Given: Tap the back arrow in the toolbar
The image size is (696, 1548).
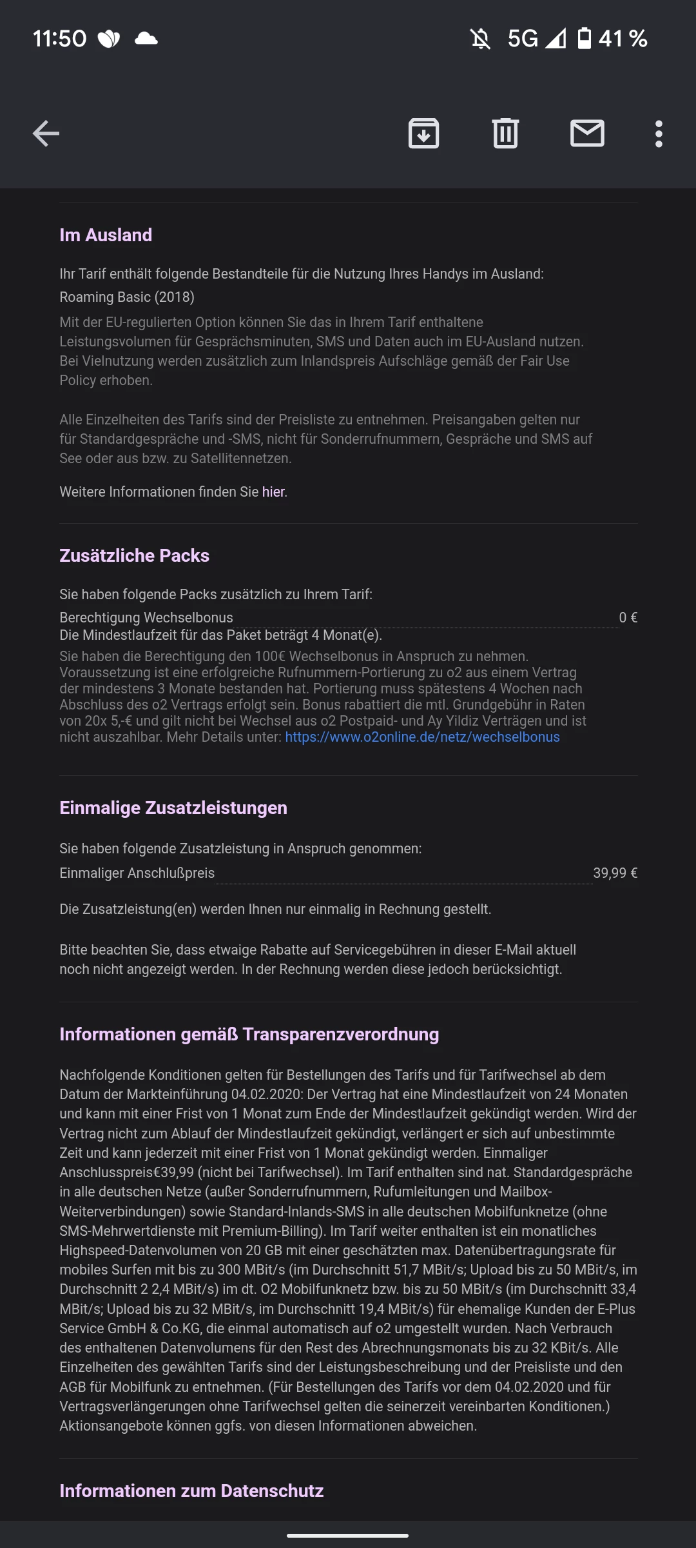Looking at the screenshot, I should tap(46, 134).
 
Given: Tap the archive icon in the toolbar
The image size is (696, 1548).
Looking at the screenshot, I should tap(423, 134).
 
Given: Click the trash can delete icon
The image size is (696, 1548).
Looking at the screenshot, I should tap(505, 134).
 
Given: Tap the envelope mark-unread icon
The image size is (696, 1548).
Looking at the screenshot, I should tap(587, 134).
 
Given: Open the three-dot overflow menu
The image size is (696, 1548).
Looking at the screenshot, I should tap(659, 134).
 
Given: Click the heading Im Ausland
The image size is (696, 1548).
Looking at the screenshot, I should tap(106, 235).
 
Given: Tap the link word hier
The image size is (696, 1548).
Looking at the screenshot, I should tap(273, 491).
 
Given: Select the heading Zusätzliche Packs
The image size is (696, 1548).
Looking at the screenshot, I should tap(134, 555).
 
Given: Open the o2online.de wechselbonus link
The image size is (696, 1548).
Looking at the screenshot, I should tap(422, 737).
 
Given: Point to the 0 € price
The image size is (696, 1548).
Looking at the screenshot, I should tap(628, 617).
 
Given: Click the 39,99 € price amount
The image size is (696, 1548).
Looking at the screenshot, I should tap(615, 873).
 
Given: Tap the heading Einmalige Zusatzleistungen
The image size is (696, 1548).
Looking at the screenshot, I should tap(173, 808).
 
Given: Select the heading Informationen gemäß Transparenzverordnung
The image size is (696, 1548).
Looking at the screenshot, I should tap(249, 1034).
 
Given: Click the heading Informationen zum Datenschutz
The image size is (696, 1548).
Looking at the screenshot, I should tap(191, 1491).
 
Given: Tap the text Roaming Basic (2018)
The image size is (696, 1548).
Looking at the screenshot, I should tap(127, 297).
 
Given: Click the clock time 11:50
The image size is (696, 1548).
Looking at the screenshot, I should tap(59, 39).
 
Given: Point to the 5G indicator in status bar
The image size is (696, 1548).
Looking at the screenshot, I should tap(522, 39).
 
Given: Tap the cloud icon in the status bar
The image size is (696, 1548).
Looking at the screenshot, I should tap(146, 39).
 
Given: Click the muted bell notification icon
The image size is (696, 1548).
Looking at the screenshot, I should tap(480, 39).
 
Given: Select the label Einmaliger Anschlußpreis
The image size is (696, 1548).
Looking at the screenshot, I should tap(137, 873).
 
